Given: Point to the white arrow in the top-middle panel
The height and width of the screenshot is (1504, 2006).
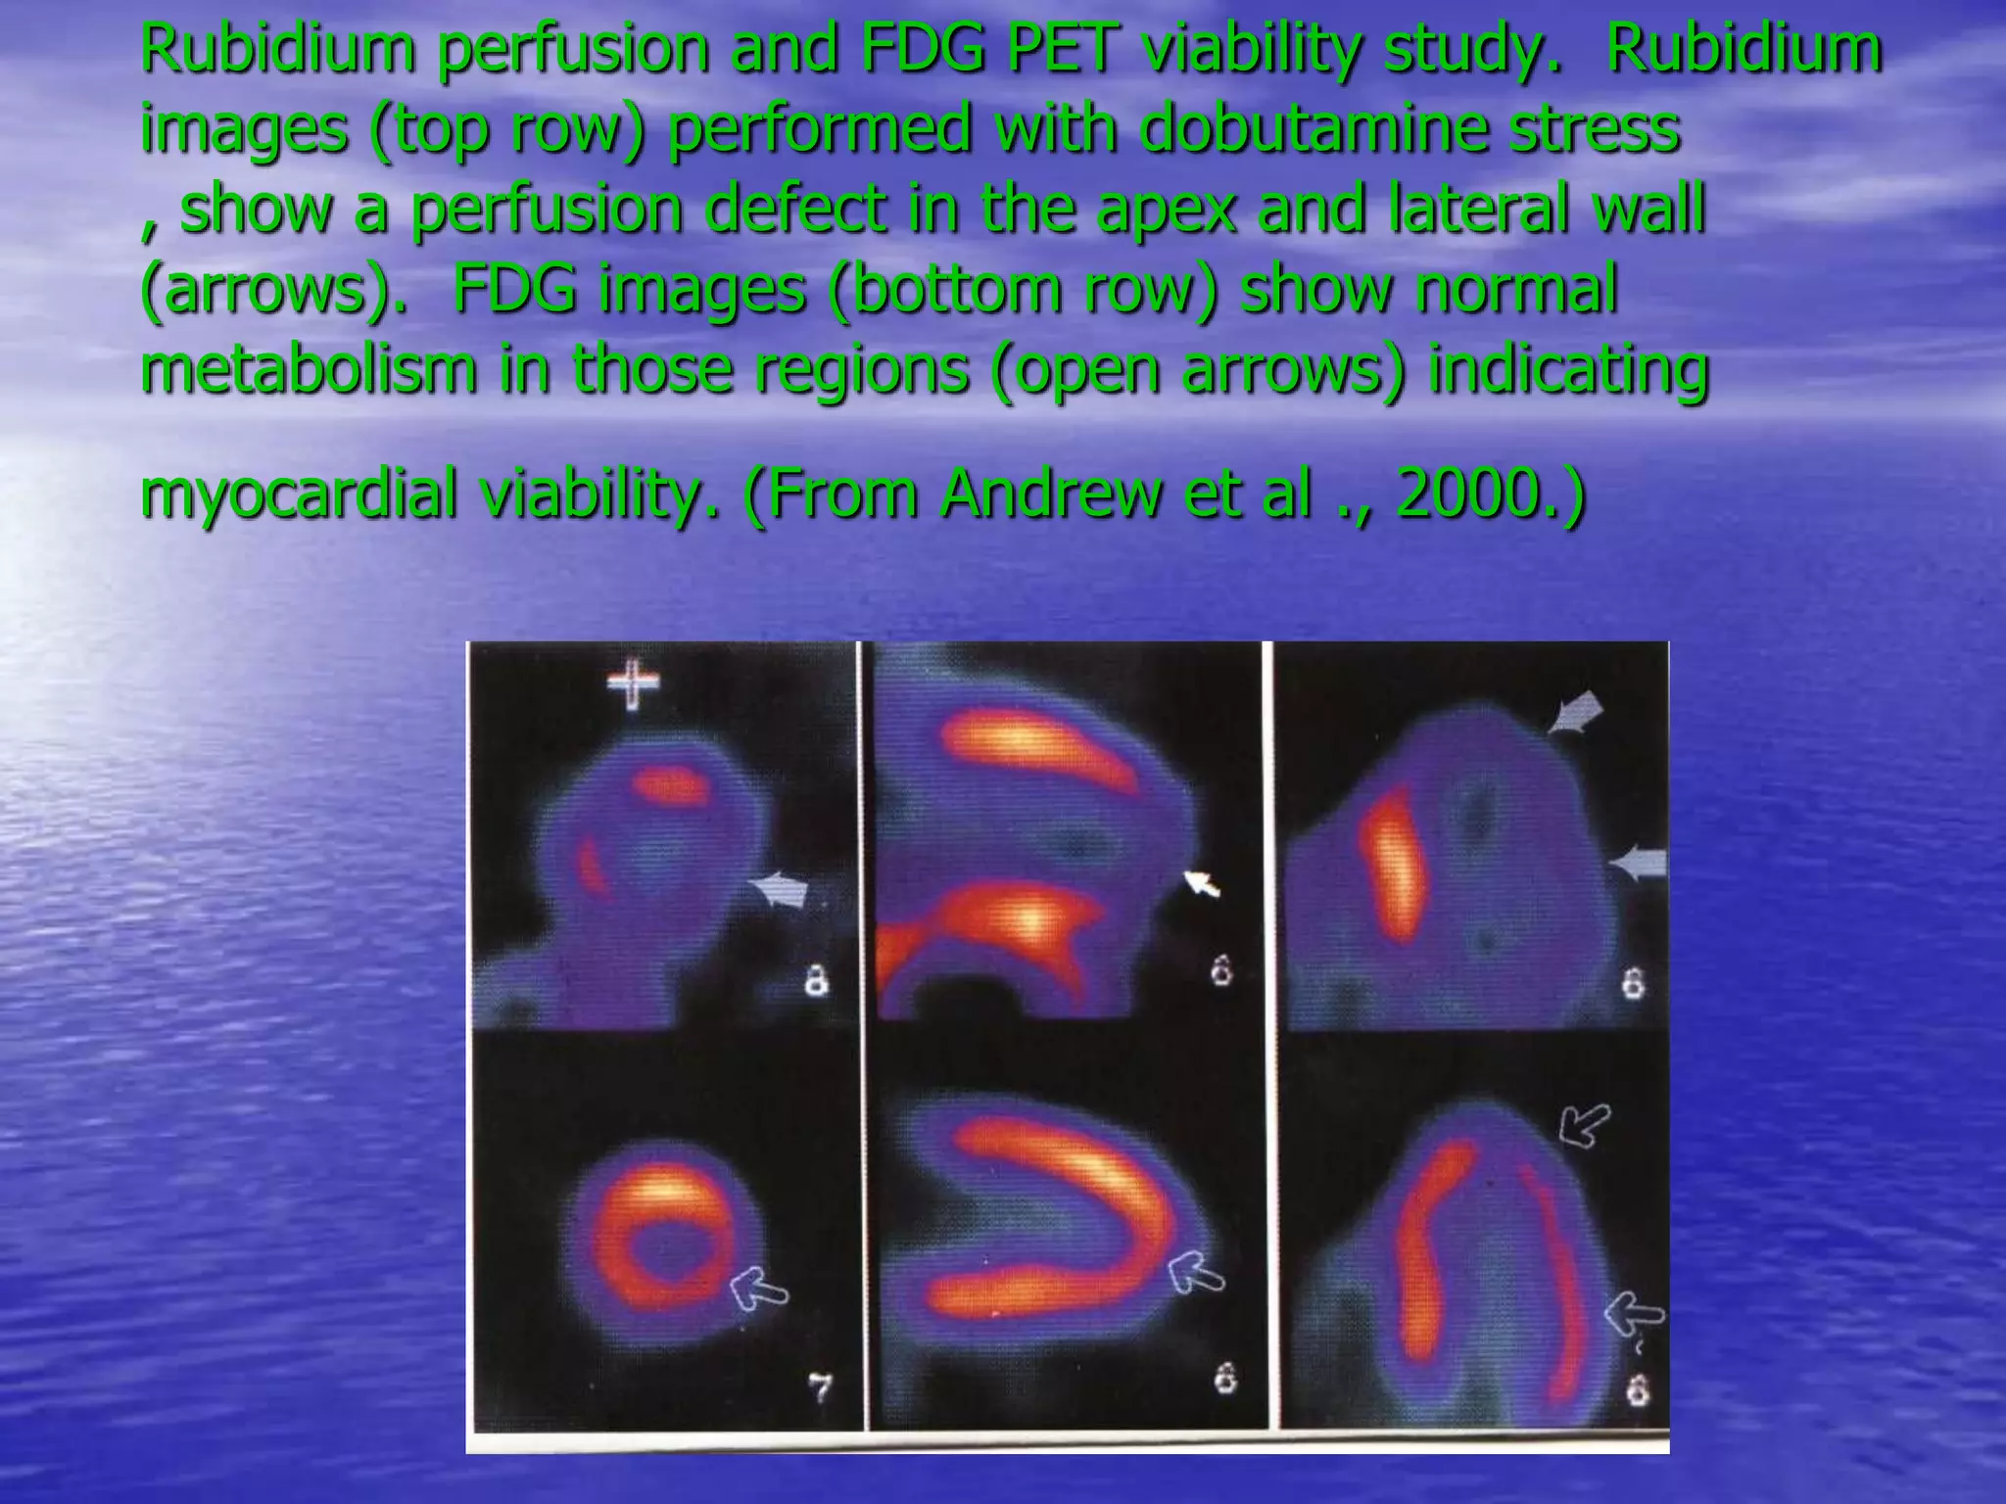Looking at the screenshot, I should point(1202,883).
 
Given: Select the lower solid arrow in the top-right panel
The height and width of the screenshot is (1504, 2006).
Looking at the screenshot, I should point(1638,864).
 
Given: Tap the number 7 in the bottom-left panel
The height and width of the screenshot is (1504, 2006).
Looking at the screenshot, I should point(820,1388).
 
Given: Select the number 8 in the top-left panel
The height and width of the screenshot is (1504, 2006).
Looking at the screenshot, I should point(816,979).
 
